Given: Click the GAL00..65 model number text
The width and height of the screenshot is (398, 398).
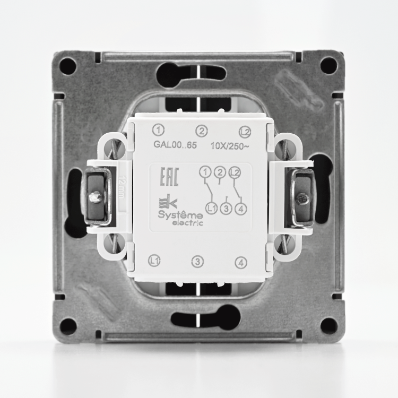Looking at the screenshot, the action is pos(175,145).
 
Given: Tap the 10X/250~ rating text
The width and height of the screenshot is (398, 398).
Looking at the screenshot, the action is pos(230,146).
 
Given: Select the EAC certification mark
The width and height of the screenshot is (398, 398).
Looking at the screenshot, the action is pos(169,177).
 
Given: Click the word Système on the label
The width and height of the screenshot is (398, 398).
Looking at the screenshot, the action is pos(180,215).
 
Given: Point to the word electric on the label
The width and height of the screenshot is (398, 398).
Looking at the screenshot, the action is pos(187,223).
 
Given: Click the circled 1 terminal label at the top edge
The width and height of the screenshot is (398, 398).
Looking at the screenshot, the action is pos(158,131).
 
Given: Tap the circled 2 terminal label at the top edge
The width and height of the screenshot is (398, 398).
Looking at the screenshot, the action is pos(202,131).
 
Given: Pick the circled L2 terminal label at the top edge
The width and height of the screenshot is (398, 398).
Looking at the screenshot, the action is pos(245,132).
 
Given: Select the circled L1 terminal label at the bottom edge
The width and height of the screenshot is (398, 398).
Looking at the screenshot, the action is pos(154,261).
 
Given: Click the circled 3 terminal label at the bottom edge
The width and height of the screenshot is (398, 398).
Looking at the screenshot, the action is pos(197,262).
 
